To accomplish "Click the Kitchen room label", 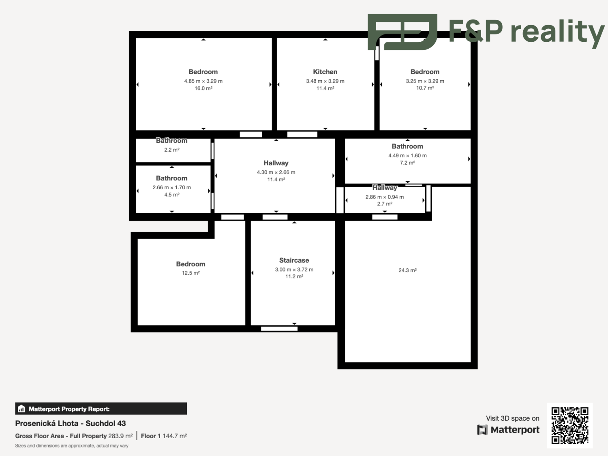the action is [x=325, y=72].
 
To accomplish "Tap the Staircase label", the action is [x=294, y=260].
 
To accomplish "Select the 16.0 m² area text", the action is [x=203, y=88].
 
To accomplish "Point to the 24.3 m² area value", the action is [x=407, y=270].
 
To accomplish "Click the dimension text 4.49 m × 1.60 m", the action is [x=407, y=156].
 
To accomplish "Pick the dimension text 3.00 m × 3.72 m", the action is [x=294, y=270].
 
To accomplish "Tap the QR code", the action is [x=570, y=426].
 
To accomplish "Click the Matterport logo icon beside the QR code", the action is [x=482, y=430].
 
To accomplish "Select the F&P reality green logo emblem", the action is [x=402, y=32].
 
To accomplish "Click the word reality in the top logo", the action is [x=558, y=33].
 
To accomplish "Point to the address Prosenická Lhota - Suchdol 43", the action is [x=71, y=423].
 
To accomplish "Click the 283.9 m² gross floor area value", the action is [x=120, y=436].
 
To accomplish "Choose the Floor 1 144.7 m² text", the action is [x=164, y=436].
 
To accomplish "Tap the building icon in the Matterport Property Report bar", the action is [x=21, y=409].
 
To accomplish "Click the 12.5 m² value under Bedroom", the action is [x=191, y=273].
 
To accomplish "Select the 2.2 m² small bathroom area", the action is [x=172, y=150].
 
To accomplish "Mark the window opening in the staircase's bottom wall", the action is [x=279, y=329].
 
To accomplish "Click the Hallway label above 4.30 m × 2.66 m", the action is [x=276, y=163].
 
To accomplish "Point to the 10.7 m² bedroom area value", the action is [x=425, y=88].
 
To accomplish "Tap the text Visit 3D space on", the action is [x=512, y=418].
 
